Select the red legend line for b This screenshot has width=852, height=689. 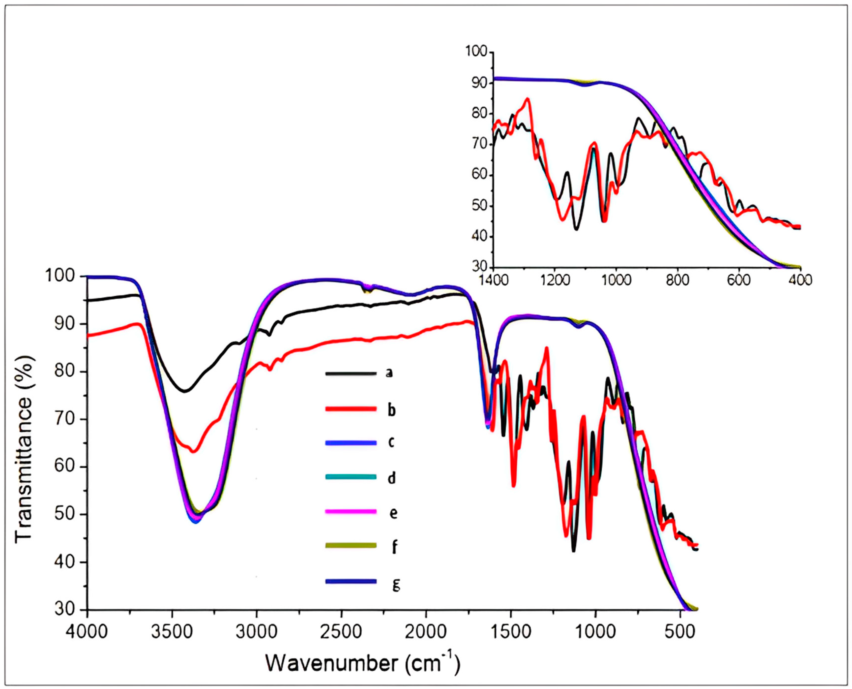click(351, 409)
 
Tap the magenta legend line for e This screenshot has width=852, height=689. click(351, 512)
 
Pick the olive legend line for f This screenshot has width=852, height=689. click(351, 546)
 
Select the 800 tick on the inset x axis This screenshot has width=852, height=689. click(677, 280)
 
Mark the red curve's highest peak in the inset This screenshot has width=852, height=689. click(527, 99)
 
